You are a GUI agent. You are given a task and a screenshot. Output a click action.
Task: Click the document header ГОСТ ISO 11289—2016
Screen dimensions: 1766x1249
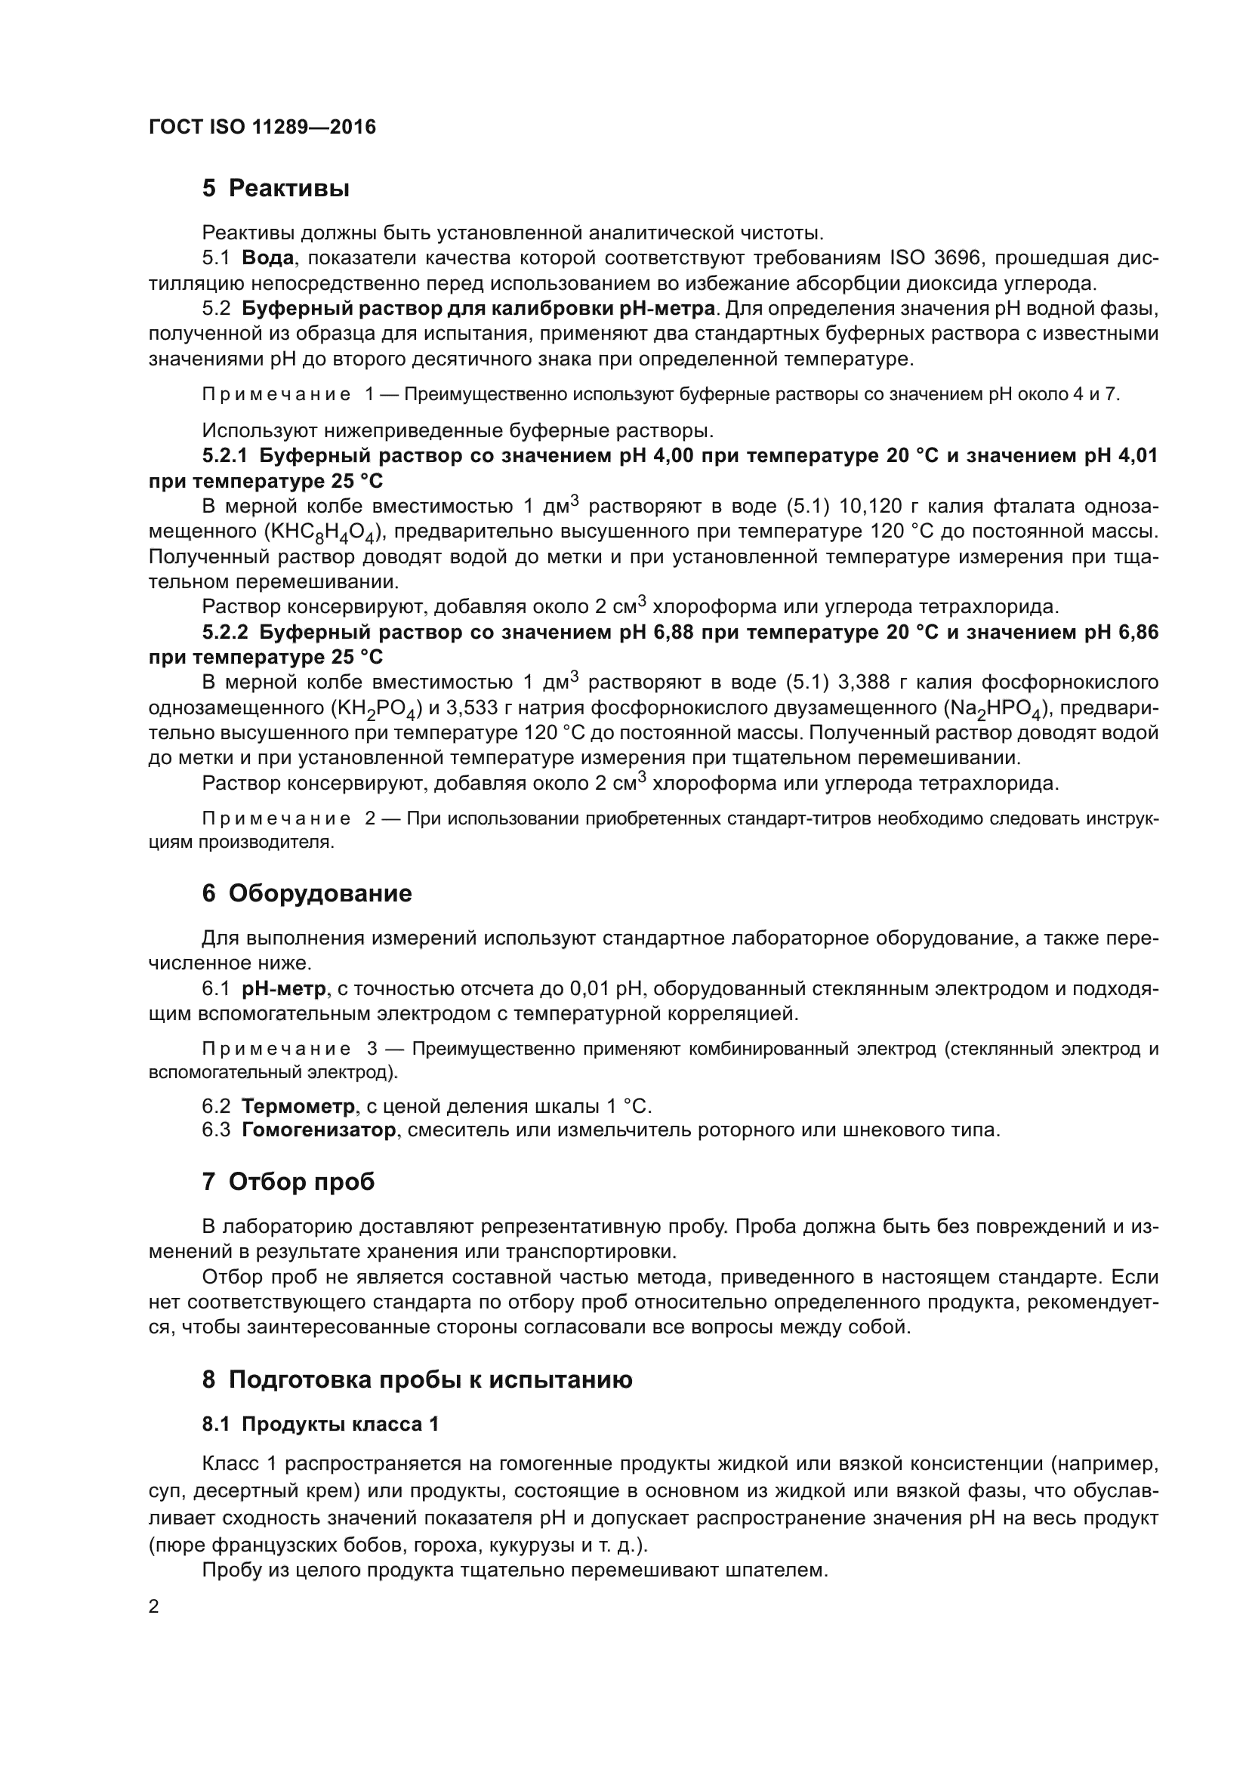pos(262,127)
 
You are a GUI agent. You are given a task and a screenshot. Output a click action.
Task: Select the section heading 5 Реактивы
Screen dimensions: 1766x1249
pos(276,189)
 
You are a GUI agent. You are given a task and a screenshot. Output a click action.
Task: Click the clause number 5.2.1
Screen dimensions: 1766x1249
pos(224,456)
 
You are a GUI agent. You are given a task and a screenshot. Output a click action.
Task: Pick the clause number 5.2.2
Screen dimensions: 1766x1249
pos(224,632)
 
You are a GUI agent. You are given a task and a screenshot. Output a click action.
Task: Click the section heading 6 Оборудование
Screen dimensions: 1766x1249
pos(307,894)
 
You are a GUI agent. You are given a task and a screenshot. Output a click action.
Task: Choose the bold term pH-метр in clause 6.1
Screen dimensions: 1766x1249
pos(284,988)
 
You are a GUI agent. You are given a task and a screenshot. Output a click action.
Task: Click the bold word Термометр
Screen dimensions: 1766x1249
pos(298,1107)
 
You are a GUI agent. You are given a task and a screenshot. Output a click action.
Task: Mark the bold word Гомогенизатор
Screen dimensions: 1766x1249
pos(319,1131)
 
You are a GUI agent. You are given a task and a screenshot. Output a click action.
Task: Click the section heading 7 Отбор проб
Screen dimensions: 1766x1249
pos(288,1182)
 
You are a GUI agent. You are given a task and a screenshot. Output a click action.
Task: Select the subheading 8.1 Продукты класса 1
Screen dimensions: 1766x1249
pos(320,1425)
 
